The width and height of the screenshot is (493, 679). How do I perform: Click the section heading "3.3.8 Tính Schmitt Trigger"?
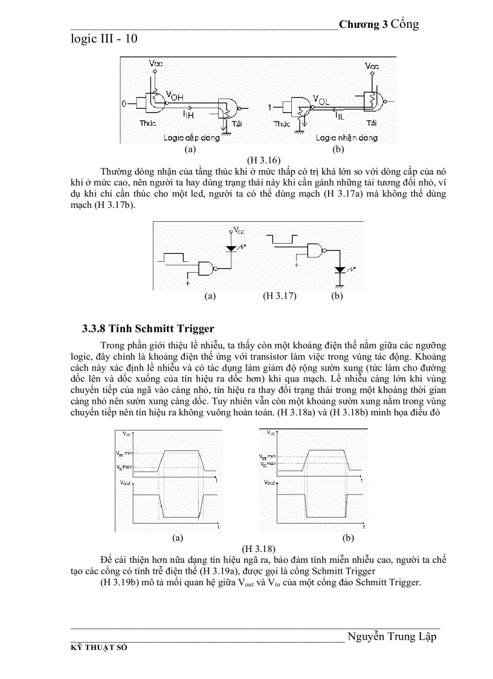(x=148, y=329)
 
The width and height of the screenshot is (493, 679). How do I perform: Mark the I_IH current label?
(x=188, y=112)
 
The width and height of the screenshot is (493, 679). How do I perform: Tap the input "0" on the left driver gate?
(x=124, y=105)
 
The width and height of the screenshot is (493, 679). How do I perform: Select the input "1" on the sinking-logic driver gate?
(x=270, y=106)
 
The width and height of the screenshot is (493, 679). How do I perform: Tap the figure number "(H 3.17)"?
(x=279, y=296)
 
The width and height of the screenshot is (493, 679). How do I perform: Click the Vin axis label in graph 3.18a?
(x=125, y=434)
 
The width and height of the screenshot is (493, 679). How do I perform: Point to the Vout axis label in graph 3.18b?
(x=270, y=482)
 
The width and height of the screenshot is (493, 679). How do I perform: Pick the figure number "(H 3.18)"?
(x=259, y=548)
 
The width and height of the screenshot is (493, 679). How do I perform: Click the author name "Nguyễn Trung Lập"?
(x=391, y=637)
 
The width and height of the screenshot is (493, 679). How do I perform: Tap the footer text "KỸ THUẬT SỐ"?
(x=100, y=647)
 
